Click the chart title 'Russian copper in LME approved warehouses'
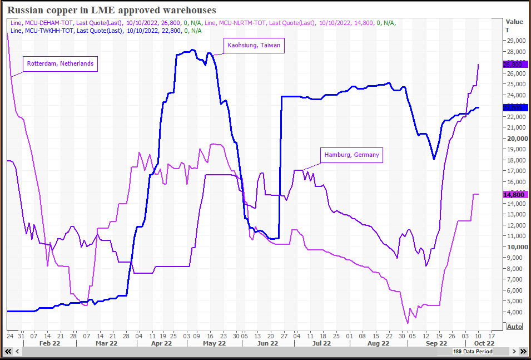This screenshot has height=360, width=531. (x=112, y=10)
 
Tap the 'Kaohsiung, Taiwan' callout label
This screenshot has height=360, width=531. (x=254, y=46)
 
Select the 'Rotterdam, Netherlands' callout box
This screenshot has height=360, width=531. (x=60, y=64)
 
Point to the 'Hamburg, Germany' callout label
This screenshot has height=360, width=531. (x=353, y=155)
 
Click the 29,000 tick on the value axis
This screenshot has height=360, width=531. (x=515, y=41)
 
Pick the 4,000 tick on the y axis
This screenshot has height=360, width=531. (x=515, y=312)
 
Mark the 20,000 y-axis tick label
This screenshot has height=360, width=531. (x=515, y=139)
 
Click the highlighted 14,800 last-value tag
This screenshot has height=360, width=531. (x=514, y=195)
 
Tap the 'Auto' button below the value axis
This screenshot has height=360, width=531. (x=515, y=327)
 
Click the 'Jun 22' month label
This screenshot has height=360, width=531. (x=267, y=343)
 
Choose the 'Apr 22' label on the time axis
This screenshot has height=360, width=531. (x=161, y=343)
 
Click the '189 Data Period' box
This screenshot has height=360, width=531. (x=473, y=352)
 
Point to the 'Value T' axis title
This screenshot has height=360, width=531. (x=514, y=26)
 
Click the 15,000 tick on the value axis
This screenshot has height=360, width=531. (x=515, y=182)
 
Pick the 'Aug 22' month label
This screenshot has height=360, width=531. (x=378, y=343)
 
